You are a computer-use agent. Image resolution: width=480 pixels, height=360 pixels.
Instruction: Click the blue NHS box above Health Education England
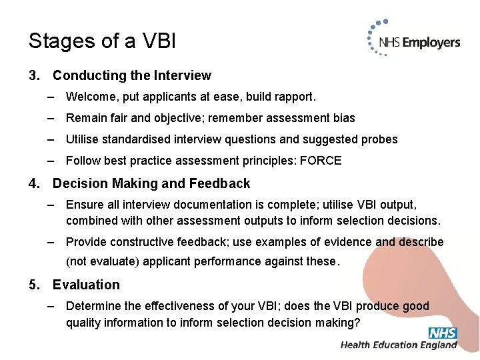click(x=443, y=333)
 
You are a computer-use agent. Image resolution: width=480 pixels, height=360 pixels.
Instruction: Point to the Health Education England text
click(x=399, y=345)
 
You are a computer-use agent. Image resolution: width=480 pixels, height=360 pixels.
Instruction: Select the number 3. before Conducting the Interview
click(x=35, y=76)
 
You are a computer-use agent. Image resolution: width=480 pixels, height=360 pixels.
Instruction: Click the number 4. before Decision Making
click(x=35, y=183)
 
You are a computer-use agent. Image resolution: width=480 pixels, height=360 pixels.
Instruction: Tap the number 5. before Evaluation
click(x=35, y=285)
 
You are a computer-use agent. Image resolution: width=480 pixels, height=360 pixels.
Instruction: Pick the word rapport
click(x=293, y=97)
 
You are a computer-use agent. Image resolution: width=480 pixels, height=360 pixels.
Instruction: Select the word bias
click(x=343, y=118)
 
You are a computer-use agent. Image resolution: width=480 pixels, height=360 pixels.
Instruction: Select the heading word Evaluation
click(x=86, y=285)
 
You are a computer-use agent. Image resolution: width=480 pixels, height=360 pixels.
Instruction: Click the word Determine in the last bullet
click(x=92, y=306)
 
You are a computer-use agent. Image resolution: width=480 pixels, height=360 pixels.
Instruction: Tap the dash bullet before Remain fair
click(x=51, y=118)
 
